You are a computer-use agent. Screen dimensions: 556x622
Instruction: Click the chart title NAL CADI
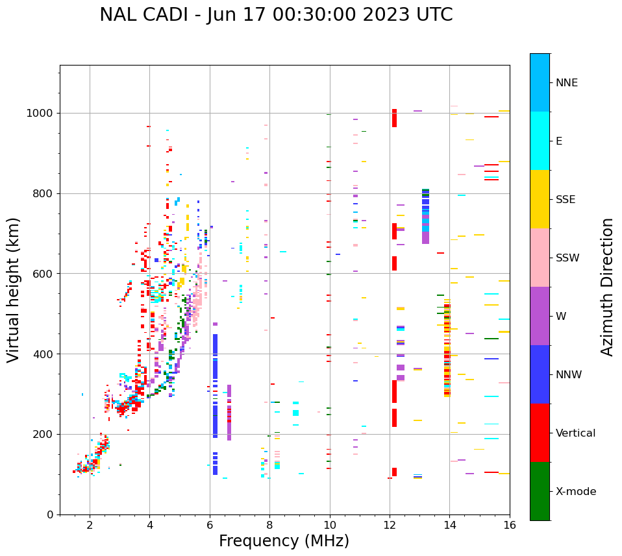pos(276,15)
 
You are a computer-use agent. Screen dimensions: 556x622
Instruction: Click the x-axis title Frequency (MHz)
pos(284,541)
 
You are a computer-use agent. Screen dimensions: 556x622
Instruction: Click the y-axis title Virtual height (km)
pos(14,289)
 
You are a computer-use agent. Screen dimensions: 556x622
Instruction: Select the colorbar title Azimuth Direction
pos(607,286)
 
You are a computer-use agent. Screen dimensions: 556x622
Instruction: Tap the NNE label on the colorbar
pos(566,83)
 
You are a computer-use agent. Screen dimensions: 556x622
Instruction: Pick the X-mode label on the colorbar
pos(575,492)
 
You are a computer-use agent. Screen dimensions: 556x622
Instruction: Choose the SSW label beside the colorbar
pos(567,258)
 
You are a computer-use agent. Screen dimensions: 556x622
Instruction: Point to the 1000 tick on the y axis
pos(43,113)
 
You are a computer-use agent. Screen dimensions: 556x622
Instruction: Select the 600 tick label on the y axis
pos(43,274)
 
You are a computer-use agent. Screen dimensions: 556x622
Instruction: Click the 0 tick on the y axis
pos(51,514)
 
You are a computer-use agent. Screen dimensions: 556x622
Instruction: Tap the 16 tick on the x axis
pos(510,524)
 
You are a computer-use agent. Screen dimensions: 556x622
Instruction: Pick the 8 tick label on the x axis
pos(269,524)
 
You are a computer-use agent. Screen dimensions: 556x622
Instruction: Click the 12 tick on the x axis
pos(390,524)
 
